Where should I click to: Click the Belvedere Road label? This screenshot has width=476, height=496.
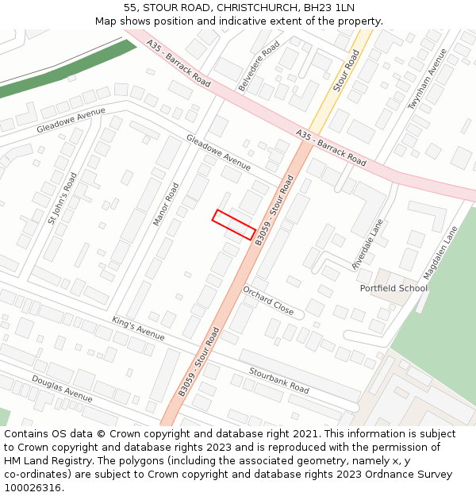click(x=259, y=67)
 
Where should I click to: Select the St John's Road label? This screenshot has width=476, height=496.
click(x=62, y=198)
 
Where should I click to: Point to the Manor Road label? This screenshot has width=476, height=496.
click(x=166, y=204)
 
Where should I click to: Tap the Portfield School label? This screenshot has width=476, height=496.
click(x=393, y=288)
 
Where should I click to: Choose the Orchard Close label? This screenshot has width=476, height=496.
click(x=268, y=301)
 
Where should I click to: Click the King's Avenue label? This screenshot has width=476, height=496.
click(x=138, y=329)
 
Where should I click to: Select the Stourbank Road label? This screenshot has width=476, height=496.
click(x=278, y=379)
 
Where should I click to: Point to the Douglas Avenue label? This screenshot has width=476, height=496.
click(x=62, y=387)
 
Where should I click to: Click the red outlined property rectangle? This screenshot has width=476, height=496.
click(x=234, y=225)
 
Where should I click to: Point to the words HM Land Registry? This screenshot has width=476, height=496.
click(x=41, y=461)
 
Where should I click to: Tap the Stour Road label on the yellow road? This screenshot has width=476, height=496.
click(x=346, y=71)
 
